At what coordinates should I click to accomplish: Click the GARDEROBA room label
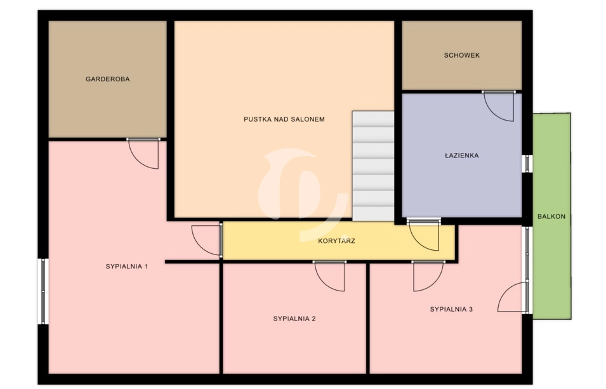(107, 79)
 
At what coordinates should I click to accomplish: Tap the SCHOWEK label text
(462, 55)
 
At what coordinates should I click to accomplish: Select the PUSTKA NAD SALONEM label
(284, 119)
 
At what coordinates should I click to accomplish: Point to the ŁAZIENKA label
(461, 155)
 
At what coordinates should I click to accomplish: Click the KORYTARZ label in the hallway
(336, 241)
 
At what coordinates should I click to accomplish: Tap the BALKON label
(551, 216)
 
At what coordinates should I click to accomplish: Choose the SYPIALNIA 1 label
(127, 267)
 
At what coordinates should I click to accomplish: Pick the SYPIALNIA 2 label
(294, 319)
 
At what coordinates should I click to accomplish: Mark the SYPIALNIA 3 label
(451, 309)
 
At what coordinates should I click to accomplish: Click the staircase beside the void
(373, 166)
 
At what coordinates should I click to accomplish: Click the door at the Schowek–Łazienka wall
(499, 106)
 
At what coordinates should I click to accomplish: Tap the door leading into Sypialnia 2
(329, 276)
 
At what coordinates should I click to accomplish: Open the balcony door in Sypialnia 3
(513, 297)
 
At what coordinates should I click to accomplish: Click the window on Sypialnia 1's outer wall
(43, 291)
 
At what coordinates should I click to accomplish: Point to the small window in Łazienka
(527, 164)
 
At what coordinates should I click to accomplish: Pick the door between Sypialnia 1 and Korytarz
(207, 240)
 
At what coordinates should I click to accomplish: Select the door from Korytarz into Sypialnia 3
(428, 276)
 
